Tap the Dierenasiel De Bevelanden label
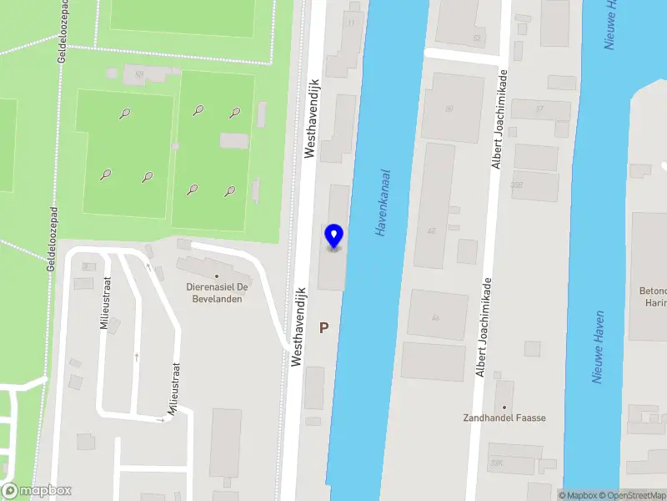[x=214, y=292]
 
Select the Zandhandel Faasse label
[x=504, y=417]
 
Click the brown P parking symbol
[x=323, y=329]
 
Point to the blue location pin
[x=333, y=236]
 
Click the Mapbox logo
[x=37, y=491]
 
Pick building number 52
[x=477, y=38]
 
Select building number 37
[x=539, y=109]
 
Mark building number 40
[x=432, y=231]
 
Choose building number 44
[x=435, y=318]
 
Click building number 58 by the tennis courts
[x=139, y=74]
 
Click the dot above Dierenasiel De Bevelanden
[x=217, y=276]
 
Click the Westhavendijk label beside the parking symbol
[x=298, y=327]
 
